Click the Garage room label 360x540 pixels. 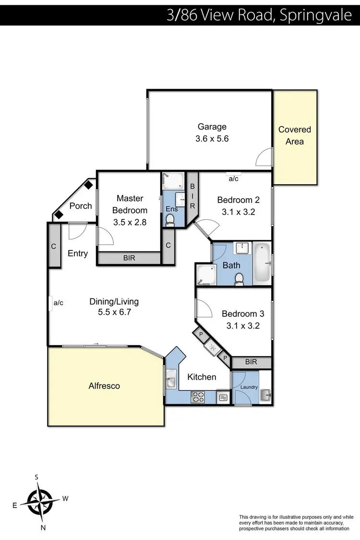212,127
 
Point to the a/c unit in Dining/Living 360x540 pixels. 50,303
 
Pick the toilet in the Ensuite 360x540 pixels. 169,220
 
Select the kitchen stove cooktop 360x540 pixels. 198,397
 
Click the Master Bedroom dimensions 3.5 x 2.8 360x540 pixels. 129,222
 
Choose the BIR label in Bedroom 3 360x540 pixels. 251,362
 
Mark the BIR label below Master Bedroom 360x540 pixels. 129,258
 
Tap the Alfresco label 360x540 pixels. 104,385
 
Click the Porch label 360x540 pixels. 81,205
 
